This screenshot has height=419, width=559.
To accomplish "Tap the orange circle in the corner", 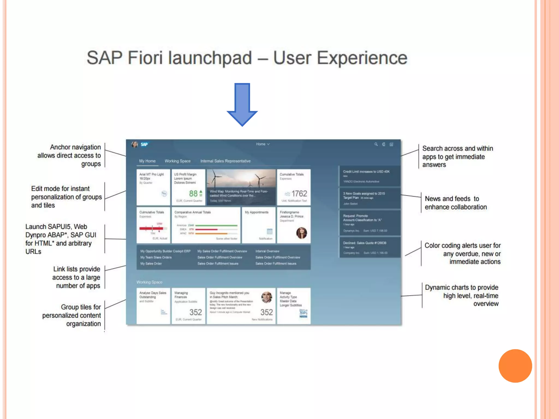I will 515,366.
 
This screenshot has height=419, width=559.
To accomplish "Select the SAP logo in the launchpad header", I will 144,144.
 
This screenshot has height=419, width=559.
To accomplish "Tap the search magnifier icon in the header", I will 376,144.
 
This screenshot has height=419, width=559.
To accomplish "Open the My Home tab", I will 147,161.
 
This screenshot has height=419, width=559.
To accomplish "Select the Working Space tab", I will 177,161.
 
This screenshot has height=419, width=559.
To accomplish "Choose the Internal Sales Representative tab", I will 225,161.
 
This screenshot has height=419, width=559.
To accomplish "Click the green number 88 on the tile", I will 193,193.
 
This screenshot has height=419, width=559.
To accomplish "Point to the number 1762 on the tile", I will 299,193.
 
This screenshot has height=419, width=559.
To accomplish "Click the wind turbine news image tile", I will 241,187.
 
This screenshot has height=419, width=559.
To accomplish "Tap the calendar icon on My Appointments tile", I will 269,231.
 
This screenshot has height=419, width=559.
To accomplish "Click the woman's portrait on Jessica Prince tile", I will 301,233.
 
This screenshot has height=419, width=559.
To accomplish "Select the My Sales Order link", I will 151,264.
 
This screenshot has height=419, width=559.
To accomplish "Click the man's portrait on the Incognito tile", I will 266,297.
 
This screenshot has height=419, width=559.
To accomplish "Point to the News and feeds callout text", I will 456,203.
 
